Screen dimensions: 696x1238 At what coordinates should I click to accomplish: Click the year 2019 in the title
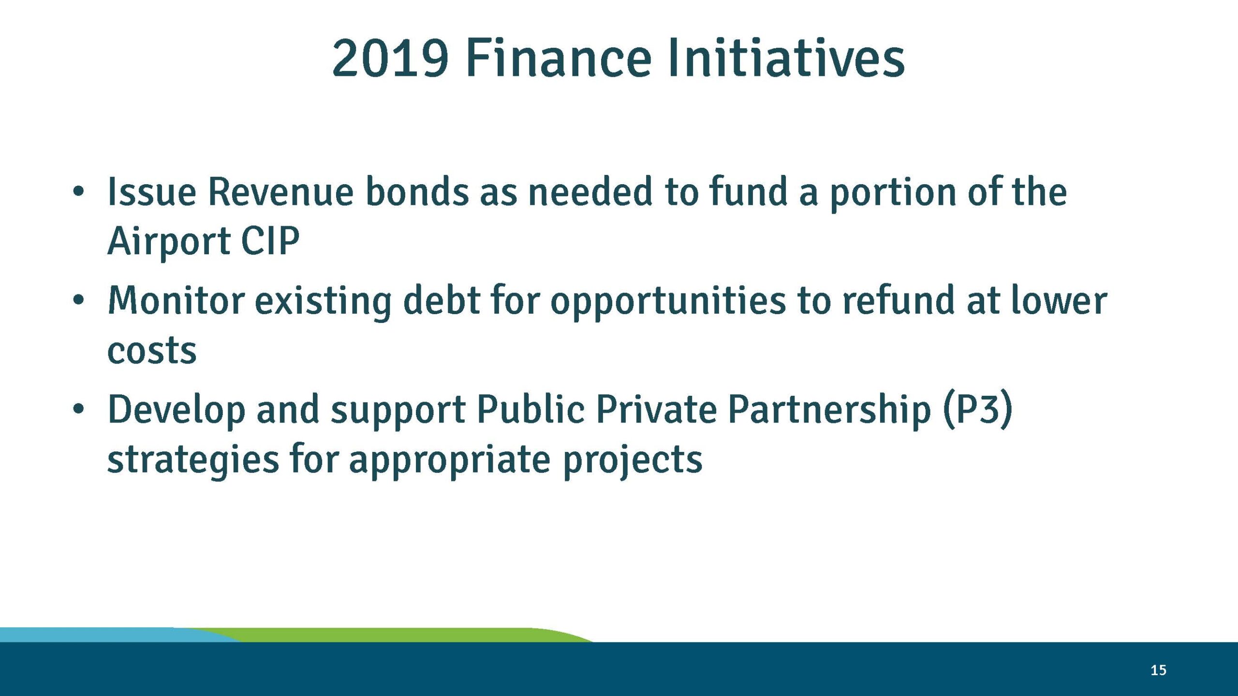[x=390, y=59]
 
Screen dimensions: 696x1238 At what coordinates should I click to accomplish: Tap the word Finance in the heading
[x=559, y=59]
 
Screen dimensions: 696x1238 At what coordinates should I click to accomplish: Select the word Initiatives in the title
[x=785, y=59]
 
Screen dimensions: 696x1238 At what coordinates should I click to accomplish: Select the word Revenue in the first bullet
[x=280, y=192]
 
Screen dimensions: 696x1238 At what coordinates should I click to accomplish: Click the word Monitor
[x=176, y=301]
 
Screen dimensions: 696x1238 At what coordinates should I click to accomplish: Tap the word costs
[x=152, y=351]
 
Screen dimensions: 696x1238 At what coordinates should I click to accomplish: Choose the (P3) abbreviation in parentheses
[x=977, y=410]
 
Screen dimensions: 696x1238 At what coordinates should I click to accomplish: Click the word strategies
[x=193, y=459]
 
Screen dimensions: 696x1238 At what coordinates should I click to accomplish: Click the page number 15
[x=1158, y=670]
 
